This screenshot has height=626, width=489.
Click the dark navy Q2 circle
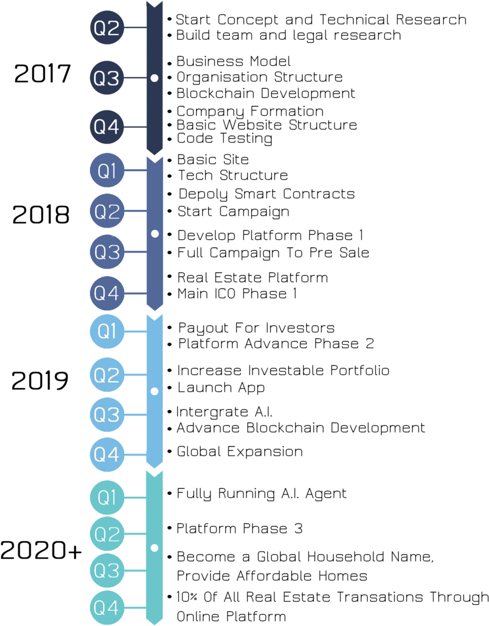[107, 28]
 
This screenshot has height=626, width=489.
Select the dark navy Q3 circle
[107, 78]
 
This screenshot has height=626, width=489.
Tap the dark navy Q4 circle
[107, 127]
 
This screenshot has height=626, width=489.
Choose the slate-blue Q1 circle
[107, 170]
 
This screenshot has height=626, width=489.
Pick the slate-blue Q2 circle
[107, 211]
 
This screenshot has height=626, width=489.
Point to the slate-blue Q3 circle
[107, 251]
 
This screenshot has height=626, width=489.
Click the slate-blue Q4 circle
[107, 293]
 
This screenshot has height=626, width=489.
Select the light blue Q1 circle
[107, 331]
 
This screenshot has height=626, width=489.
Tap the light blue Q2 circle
[107, 375]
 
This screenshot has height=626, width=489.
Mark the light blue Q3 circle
[107, 414]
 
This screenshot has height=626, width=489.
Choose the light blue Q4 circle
[107, 454]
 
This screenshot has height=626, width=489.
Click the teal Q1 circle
[107, 497]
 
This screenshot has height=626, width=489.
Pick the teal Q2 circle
[107, 534]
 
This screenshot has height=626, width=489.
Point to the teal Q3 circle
[107, 570]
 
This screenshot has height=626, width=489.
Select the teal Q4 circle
[107, 608]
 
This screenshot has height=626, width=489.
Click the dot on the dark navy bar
[154, 78]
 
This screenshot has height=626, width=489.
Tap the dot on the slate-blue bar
[155, 234]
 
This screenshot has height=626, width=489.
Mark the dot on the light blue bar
[154, 391]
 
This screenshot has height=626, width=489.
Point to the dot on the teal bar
[154, 548]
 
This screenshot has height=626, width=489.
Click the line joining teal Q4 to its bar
[135, 608]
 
